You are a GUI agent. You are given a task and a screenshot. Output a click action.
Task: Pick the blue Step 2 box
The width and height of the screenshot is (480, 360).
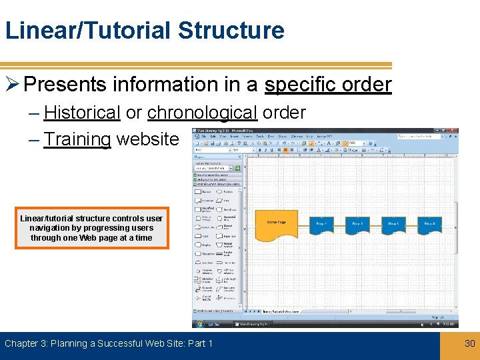[358, 225]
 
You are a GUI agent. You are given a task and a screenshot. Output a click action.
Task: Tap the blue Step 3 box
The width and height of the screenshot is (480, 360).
[394, 225]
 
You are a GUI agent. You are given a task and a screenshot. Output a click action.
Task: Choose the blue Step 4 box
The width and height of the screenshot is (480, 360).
[430, 225]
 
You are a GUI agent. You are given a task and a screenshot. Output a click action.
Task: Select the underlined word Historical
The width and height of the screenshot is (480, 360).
[81, 113]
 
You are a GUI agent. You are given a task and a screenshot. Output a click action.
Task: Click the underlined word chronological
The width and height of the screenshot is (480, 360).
[202, 113]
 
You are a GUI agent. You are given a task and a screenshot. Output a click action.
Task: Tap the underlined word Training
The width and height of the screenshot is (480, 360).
[77, 139]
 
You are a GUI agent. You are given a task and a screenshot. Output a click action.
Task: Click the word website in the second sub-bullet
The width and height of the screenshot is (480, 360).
[147, 139]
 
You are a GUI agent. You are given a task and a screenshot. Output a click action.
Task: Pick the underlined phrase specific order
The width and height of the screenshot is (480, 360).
[328, 85]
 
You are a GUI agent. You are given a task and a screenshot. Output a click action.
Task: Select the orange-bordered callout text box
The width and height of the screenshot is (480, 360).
[91, 228]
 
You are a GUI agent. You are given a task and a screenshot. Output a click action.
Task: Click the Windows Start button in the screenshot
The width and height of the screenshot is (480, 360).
[198, 324]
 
